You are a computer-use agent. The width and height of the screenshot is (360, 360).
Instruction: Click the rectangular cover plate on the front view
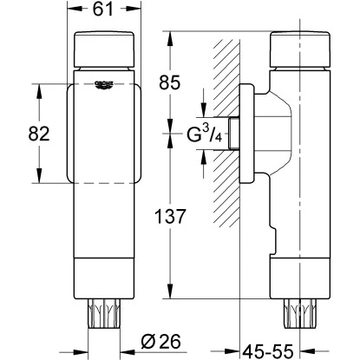(x=104, y=130)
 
